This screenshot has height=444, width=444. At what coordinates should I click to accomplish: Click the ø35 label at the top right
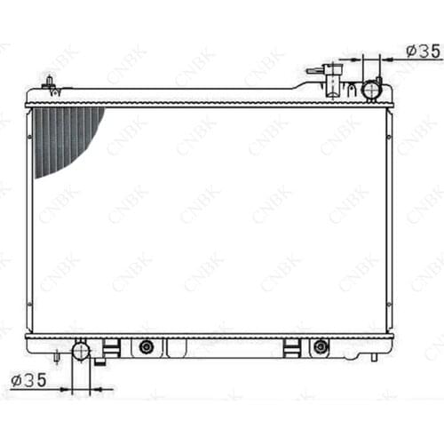point(424,52)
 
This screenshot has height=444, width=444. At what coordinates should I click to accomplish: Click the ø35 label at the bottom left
point(28,380)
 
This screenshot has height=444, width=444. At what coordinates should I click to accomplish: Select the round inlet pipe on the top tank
point(371,89)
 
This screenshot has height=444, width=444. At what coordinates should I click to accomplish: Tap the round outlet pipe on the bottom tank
point(81,352)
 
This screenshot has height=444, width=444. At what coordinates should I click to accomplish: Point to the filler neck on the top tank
point(333,80)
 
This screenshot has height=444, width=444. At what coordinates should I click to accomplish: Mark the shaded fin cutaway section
point(64,139)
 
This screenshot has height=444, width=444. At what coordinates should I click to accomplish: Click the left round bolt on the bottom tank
point(147,346)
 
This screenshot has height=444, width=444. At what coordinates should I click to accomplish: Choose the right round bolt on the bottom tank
point(321,346)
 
